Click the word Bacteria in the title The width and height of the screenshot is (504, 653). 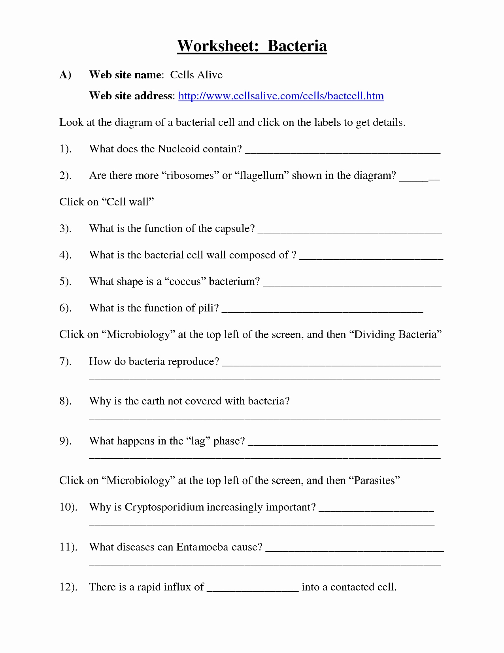[297, 46]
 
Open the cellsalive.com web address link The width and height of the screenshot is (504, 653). [281, 96]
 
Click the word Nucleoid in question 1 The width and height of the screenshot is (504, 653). [179, 149]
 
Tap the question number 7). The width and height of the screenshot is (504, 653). [65, 361]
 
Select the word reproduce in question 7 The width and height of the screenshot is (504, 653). [193, 361]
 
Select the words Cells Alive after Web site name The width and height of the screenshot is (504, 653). [196, 75]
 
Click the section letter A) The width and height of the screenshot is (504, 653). [65, 75]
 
